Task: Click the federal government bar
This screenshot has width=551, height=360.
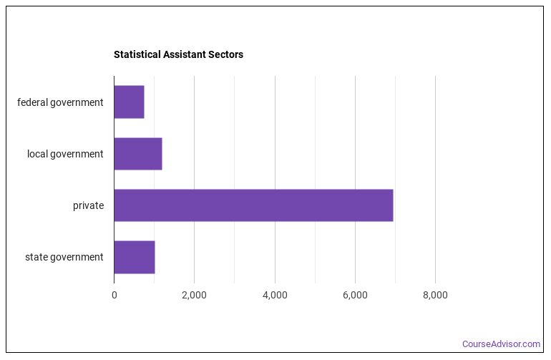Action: pos(129,102)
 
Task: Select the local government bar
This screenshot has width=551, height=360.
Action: pos(137,154)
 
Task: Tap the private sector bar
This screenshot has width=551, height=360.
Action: pos(253,205)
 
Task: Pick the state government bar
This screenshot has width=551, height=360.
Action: pos(134,257)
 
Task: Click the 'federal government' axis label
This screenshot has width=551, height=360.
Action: pos(60,102)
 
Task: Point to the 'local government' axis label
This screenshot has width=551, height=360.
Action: pos(65,154)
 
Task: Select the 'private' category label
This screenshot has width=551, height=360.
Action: pos(88,205)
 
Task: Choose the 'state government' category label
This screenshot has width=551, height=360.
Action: pos(64,257)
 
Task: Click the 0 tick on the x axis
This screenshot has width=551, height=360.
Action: pos(114,295)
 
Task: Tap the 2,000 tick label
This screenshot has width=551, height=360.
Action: pos(194,295)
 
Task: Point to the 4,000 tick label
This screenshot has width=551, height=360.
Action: pos(275,295)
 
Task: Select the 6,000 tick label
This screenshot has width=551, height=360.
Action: pos(355,295)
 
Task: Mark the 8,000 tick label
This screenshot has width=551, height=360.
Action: pos(435,295)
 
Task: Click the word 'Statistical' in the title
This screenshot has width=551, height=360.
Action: pos(135,54)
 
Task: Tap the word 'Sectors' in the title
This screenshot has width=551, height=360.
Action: pos(225,54)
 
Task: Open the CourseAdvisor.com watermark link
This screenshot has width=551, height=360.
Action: pos(501,344)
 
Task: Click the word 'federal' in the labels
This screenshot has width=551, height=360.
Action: pos(33,102)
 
